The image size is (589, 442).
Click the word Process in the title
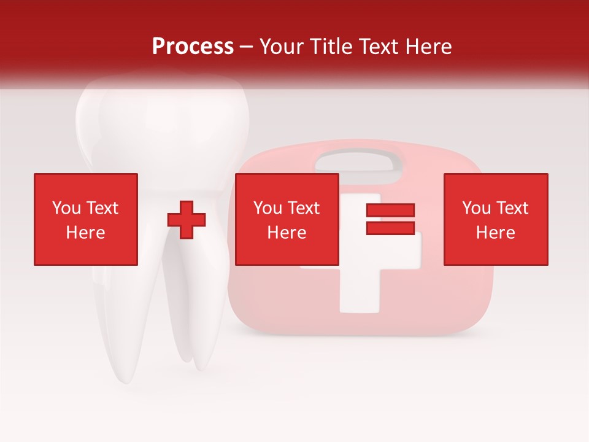(193, 47)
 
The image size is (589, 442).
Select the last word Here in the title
(428, 47)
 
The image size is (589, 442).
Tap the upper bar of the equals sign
(390, 211)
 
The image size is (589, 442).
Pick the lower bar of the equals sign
(390, 228)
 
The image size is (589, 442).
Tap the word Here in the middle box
(287, 233)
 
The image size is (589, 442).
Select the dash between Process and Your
(246, 47)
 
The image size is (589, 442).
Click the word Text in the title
(378, 47)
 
